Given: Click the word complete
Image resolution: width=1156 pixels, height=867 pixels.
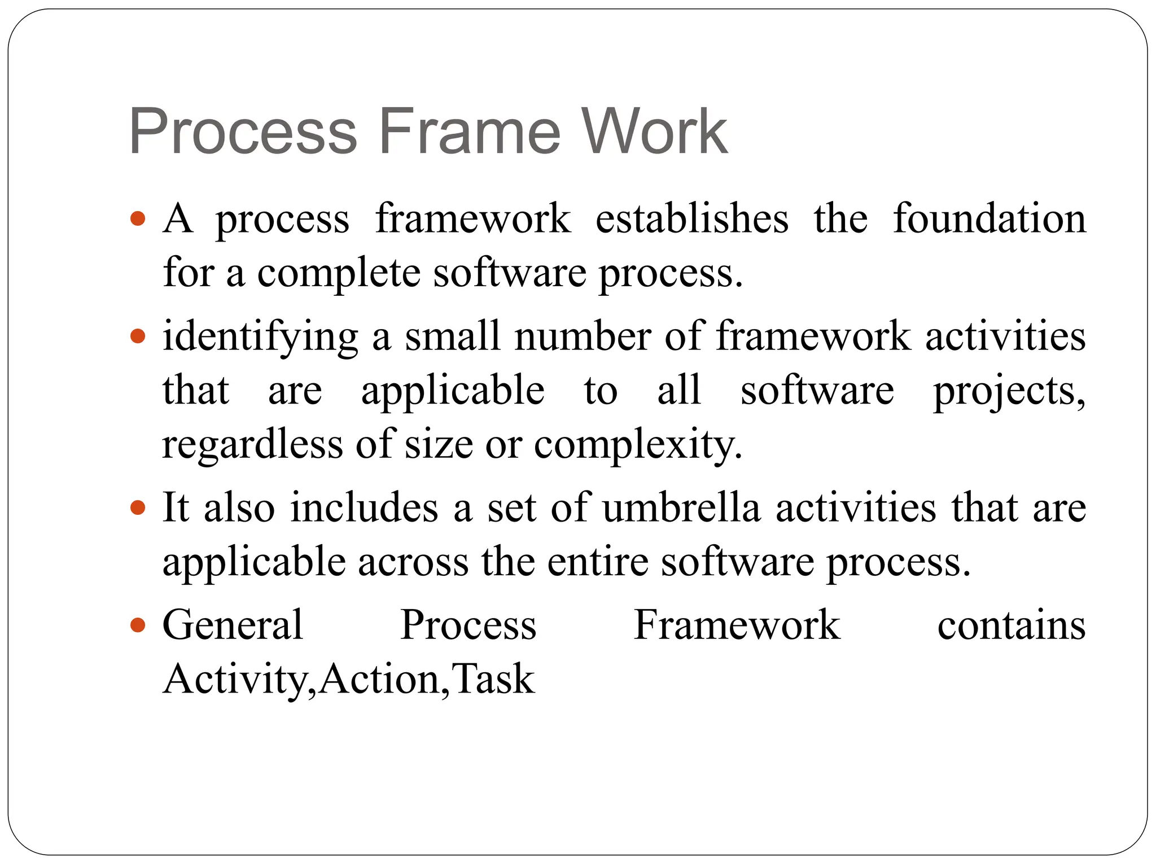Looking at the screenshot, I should (x=339, y=273).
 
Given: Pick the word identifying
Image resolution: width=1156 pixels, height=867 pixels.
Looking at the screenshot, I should (x=260, y=337).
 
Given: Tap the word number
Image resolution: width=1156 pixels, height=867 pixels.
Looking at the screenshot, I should (x=583, y=337).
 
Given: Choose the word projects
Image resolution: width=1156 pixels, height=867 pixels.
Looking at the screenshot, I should (x=1009, y=391).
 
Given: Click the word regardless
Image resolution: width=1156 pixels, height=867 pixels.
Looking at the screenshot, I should (x=252, y=445).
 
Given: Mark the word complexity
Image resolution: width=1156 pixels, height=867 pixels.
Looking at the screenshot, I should (x=638, y=445).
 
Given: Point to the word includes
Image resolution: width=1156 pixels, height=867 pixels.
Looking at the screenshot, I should (x=364, y=507).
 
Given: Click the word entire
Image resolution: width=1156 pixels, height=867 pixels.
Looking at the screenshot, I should (x=598, y=562).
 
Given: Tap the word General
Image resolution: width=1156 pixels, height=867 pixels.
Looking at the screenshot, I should (x=233, y=625).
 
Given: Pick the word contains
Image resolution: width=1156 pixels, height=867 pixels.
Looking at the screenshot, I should (x=1011, y=625).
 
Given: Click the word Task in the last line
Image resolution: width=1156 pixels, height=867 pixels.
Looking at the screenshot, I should (x=493, y=679).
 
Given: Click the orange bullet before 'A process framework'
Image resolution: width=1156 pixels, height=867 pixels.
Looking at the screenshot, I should (x=138, y=218).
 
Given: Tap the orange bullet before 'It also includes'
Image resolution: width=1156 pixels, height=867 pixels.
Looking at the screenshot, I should (x=138, y=507).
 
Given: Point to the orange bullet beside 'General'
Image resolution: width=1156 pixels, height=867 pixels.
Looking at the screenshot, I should (x=138, y=625).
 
